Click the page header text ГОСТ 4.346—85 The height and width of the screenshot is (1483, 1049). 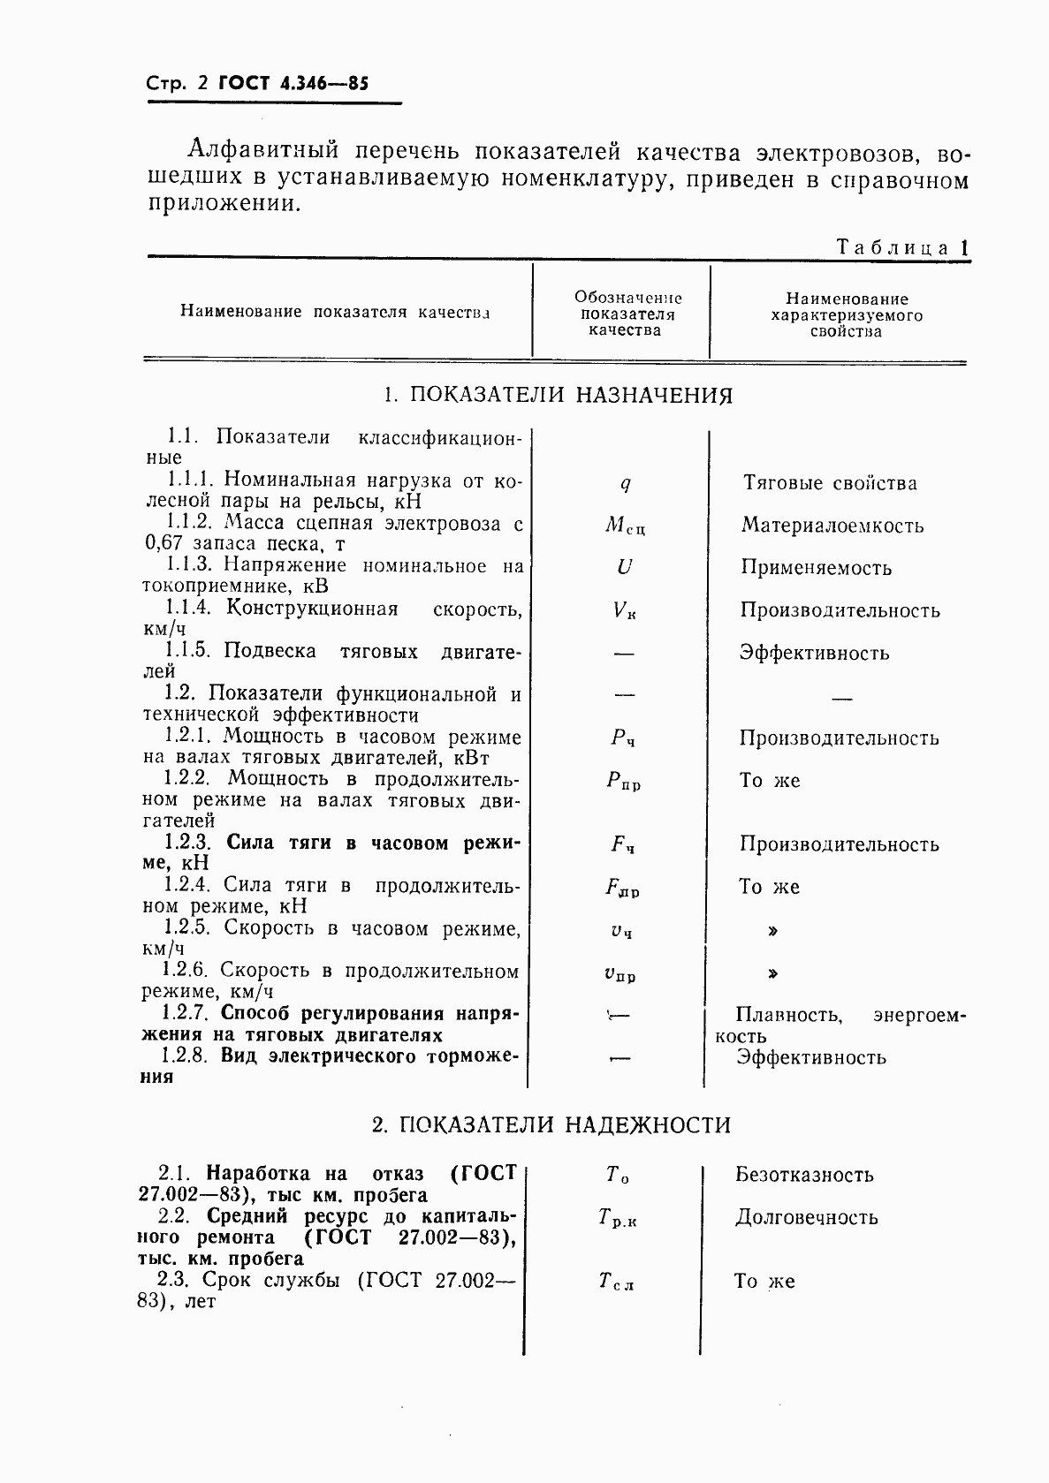pyautogui.click(x=293, y=84)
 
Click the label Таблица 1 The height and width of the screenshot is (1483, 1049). pyautogui.click(x=902, y=248)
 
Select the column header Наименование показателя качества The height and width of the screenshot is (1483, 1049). pyautogui.click(x=335, y=312)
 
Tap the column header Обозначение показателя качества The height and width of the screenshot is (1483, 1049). pyautogui.click(x=627, y=314)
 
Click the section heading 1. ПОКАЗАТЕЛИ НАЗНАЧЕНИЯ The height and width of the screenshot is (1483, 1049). pyautogui.click(x=559, y=395)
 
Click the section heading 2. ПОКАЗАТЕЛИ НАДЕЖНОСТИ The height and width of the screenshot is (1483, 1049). pyautogui.click(x=551, y=1125)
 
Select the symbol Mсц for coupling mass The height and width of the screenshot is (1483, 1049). pyautogui.click(x=625, y=526)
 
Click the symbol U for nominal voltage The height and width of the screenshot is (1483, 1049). pyautogui.click(x=624, y=567)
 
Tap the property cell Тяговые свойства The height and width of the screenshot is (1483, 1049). pyautogui.click(x=830, y=483)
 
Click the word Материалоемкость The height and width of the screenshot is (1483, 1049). pyautogui.click(x=832, y=526)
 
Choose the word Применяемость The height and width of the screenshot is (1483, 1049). pyautogui.click(x=816, y=568)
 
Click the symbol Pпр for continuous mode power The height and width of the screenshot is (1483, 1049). pyautogui.click(x=624, y=782)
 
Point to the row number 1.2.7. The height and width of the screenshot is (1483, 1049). pyautogui.click(x=188, y=1013)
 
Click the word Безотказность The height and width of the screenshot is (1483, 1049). pyautogui.click(x=804, y=1175)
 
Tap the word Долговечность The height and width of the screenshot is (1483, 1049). pyautogui.click(x=806, y=1217)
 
